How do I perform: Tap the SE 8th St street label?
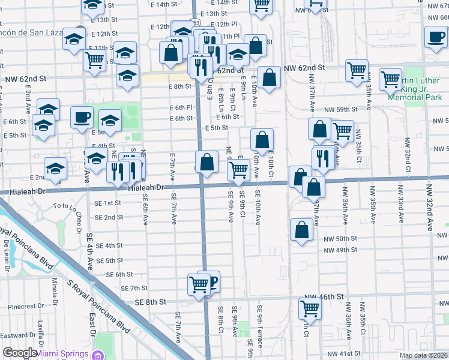[x=149, y=302]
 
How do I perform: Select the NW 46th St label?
[x=323, y=297]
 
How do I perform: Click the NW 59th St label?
[x=340, y=110]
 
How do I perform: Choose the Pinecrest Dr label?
[x=23, y=306]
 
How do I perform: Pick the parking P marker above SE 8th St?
[x=210, y=280]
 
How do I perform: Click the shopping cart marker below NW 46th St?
[x=310, y=308]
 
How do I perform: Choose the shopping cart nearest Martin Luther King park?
[x=390, y=79]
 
